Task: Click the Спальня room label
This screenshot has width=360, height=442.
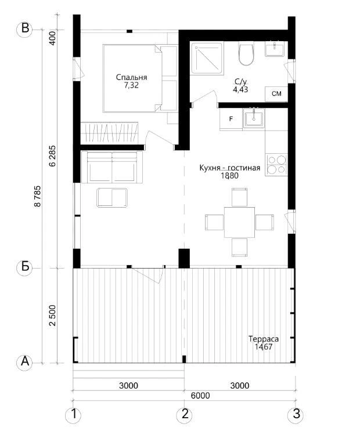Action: point(131,77)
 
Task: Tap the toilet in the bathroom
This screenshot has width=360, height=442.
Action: point(246,53)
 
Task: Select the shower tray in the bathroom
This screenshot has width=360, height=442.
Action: point(207,58)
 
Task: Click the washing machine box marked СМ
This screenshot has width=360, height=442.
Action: point(276,94)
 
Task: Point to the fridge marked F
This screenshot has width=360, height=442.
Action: point(231,119)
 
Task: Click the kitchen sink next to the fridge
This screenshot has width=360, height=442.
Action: point(254,118)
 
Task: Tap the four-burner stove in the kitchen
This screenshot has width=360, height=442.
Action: point(276,165)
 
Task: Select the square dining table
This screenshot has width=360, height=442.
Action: point(240,222)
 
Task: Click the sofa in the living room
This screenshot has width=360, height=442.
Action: point(112,167)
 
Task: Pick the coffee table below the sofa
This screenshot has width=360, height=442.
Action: point(112,198)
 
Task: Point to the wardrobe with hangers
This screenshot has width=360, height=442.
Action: point(110,133)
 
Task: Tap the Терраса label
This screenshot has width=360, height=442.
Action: point(264,339)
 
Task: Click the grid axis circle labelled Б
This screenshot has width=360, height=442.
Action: point(25,267)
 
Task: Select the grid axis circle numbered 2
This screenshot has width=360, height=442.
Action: point(185,414)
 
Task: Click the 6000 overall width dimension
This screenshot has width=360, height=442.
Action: point(200,396)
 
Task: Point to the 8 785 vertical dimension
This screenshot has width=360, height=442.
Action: point(38,196)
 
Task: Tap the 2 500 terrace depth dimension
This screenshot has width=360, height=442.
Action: point(53,315)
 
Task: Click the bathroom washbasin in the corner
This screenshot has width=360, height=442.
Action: point(274,49)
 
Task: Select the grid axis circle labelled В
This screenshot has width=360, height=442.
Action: point(25,29)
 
